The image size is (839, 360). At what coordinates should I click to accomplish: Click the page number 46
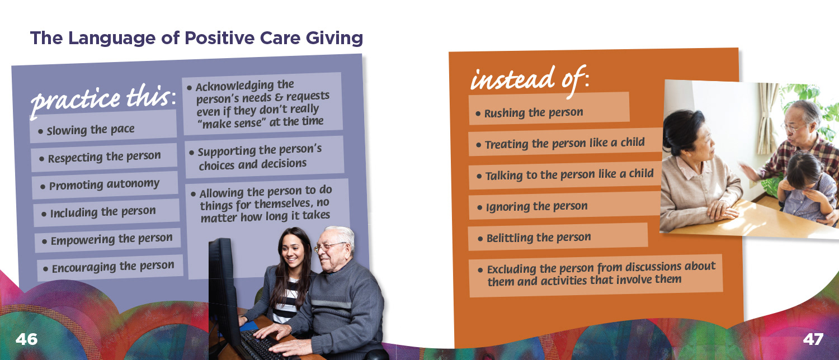[x=27, y=339]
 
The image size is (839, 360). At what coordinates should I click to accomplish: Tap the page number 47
[x=813, y=339]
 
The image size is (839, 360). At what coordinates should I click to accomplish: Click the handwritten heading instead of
[x=529, y=79]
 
